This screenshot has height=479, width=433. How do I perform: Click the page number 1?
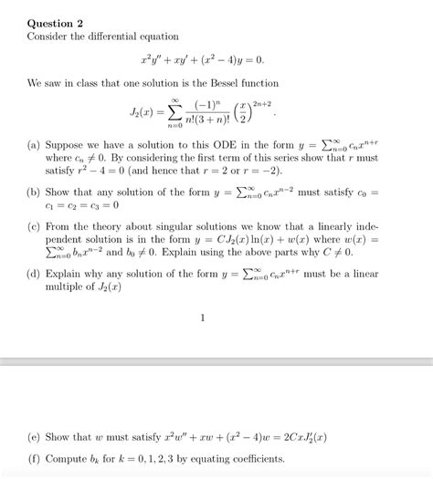click(x=203, y=318)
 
